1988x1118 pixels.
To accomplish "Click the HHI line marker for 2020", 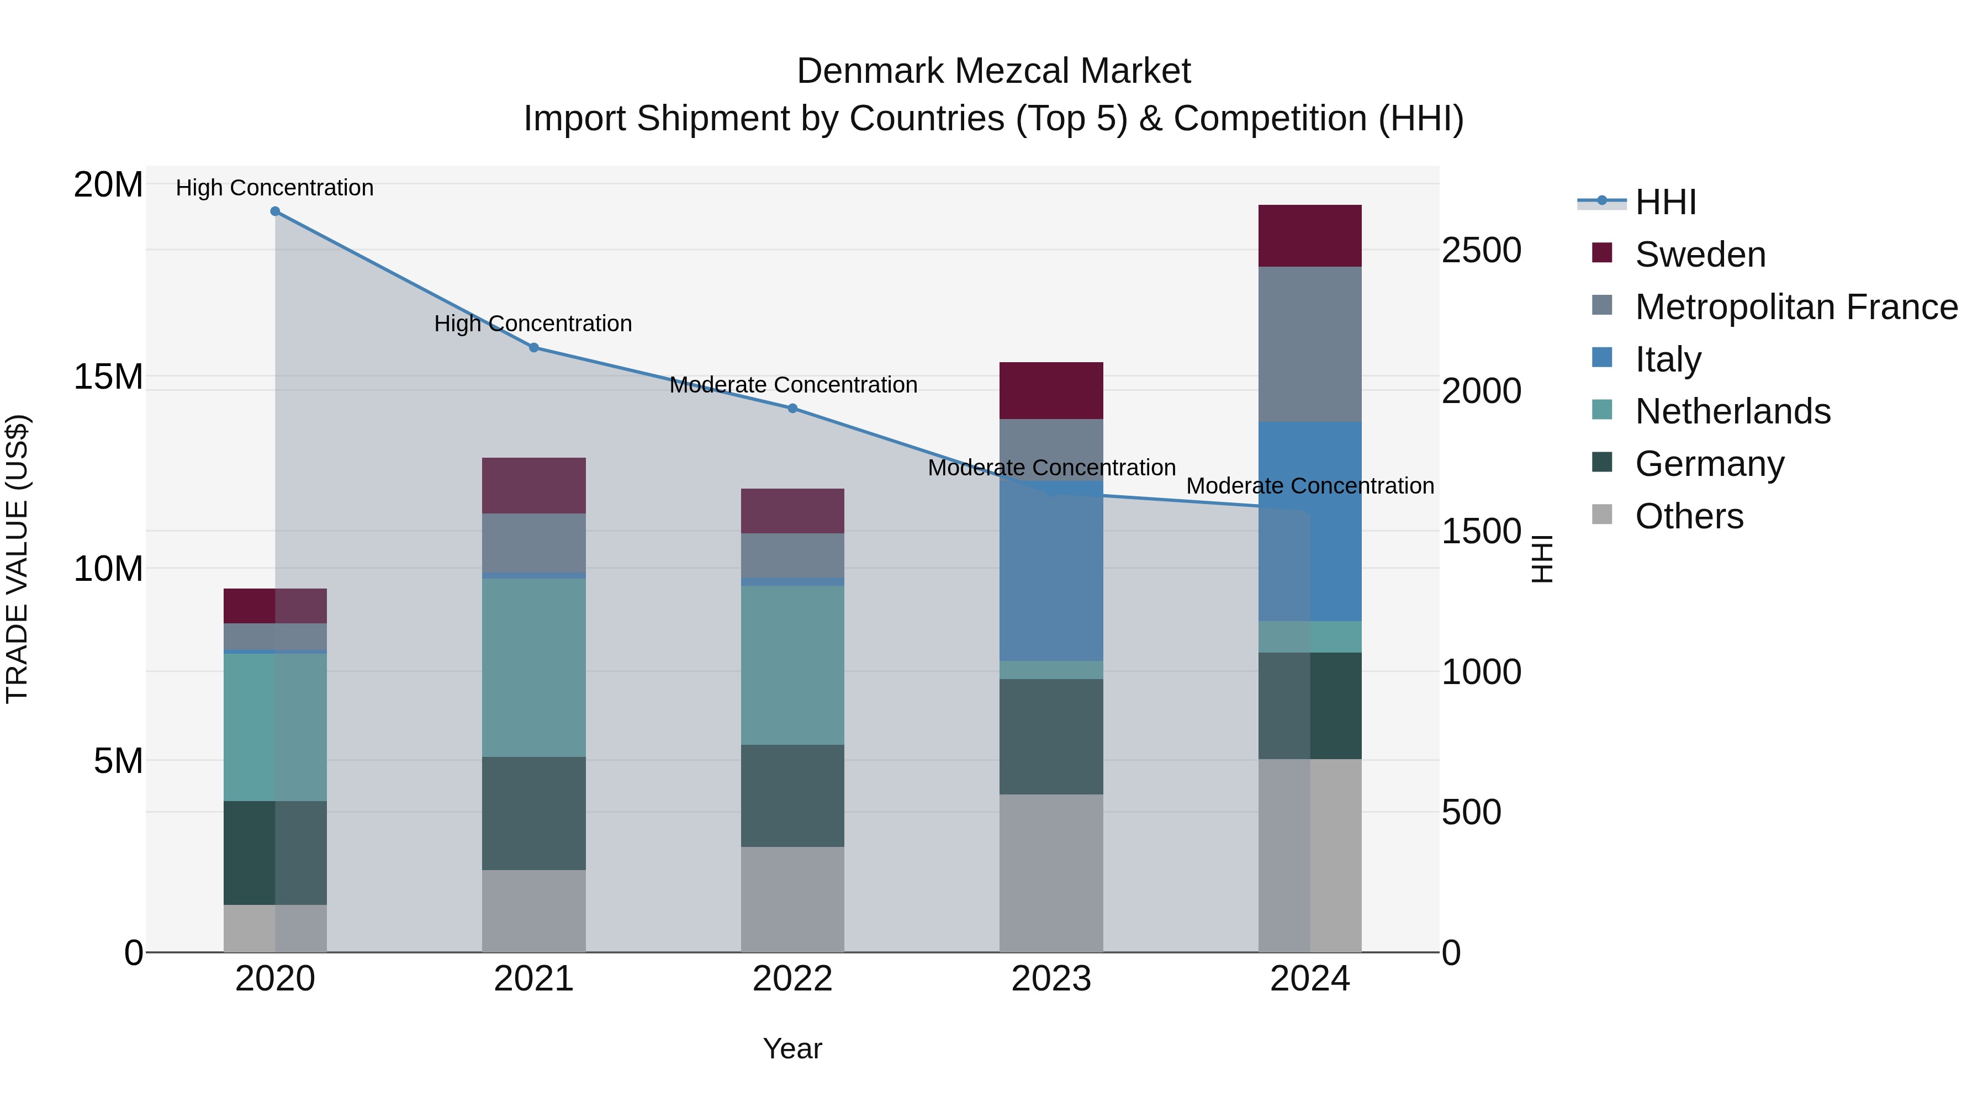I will coord(275,211).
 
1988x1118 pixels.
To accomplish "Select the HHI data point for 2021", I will coord(533,348).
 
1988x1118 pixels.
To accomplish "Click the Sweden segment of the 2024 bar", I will coord(1310,236).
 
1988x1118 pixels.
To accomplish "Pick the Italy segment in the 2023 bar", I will coord(1051,571).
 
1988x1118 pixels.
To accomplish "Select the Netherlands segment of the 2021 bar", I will coord(533,667).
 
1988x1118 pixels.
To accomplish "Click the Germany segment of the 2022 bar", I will coord(792,796).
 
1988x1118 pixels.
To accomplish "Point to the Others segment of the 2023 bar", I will coord(1051,873).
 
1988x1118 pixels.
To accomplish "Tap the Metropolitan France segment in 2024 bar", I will coord(1310,344).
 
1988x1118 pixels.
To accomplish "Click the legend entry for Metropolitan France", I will coord(1795,307).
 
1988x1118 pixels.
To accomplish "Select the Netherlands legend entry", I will coord(1732,411).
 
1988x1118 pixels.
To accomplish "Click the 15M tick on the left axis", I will coord(108,377).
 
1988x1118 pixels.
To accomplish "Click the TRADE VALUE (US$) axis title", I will coord(17,559).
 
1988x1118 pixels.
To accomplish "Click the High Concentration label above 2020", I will coord(275,188).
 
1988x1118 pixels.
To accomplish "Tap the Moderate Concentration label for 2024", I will coord(1310,486).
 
